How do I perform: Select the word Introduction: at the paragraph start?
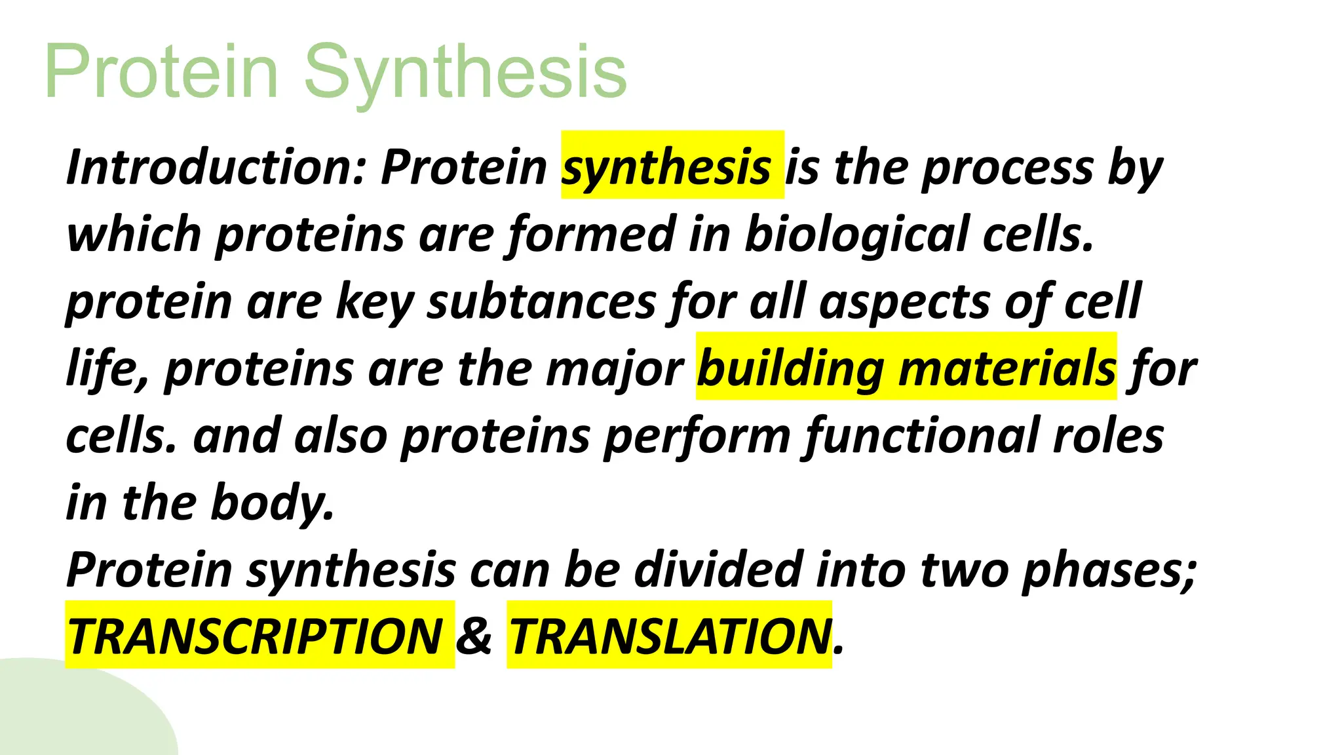click(x=216, y=167)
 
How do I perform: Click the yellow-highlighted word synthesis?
click(x=666, y=167)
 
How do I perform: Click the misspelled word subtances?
click(x=541, y=302)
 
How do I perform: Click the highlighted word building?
click(x=790, y=370)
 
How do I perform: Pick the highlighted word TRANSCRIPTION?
click(x=256, y=636)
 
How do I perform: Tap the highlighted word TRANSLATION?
click(x=669, y=636)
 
